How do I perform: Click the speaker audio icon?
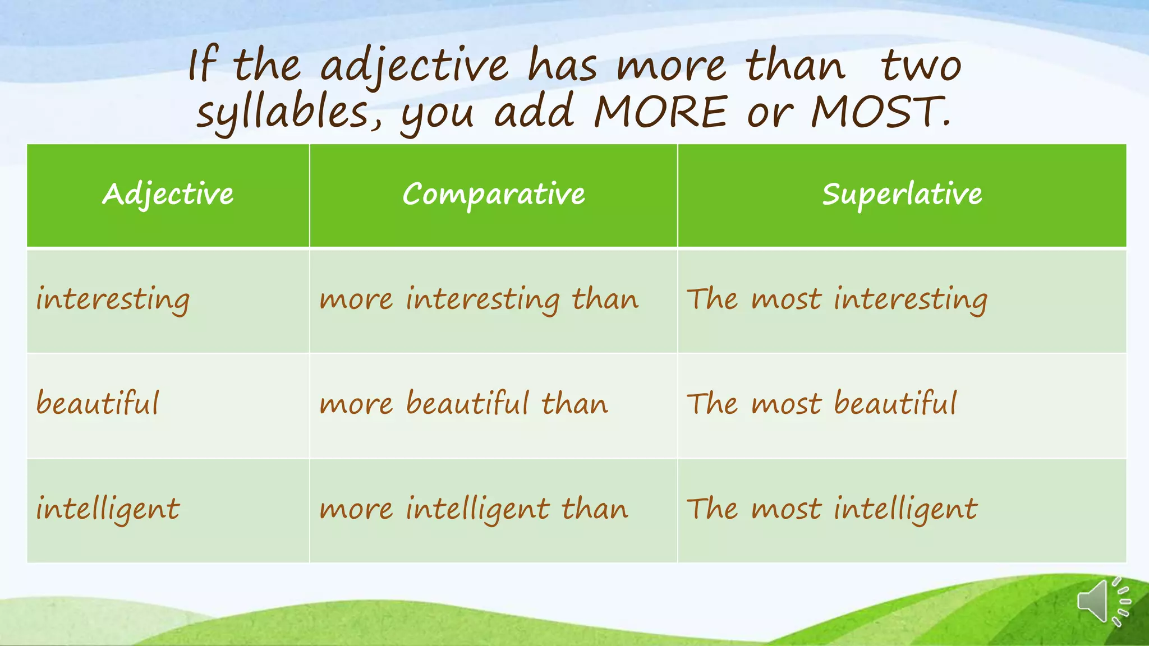[1103, 602]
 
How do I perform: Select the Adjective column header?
[168, 194]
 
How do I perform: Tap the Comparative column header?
[493, 194]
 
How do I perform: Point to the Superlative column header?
[902, 194]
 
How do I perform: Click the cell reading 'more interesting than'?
[479, 299]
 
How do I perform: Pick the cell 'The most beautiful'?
[821, 404]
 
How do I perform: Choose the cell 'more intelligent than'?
[474, 509]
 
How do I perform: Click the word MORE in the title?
[660, 112]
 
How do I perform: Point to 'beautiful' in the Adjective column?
[98, 404]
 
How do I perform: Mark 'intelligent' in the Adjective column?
[108, 509]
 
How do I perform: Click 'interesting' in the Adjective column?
[113, 299]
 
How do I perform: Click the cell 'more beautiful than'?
[463, 404]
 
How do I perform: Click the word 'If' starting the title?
[201, 66]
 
